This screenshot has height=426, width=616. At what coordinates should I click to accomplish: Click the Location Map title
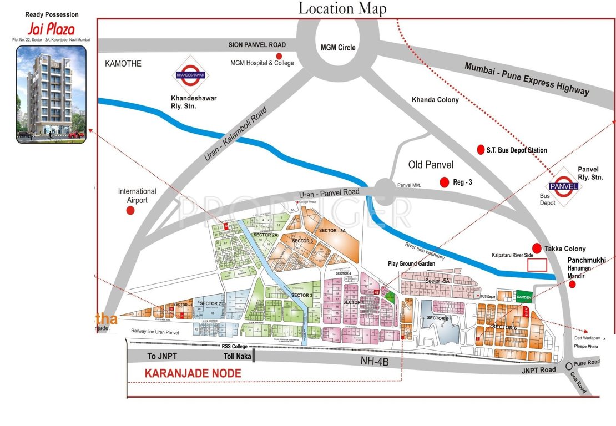click(342, 8)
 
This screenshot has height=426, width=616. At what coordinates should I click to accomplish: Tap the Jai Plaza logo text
click(51, 29)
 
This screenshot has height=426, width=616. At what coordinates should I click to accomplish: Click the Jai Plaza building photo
click(51, 94)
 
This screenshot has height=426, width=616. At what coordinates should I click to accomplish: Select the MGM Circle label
click(338, 48)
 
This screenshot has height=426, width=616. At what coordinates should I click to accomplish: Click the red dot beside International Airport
click(130, 211)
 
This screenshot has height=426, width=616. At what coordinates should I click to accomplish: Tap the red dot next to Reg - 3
click(444, 182)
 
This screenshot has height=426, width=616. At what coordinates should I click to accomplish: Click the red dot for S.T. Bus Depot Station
click(481, 150)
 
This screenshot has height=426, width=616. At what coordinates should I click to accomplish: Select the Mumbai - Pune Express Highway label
click(526, 79)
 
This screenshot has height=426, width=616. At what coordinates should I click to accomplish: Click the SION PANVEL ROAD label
click(257, 45)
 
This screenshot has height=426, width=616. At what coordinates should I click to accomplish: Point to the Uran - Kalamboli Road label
click(235, 135)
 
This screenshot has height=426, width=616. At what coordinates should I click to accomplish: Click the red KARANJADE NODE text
click(193, 374)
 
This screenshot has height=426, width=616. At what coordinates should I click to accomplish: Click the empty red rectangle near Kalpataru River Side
click(537, 265)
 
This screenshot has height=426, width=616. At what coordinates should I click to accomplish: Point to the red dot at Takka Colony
click(537, 248)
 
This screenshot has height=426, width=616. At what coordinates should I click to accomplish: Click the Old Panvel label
click(431, 165)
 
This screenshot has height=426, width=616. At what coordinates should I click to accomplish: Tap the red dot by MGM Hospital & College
click(279, 56)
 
